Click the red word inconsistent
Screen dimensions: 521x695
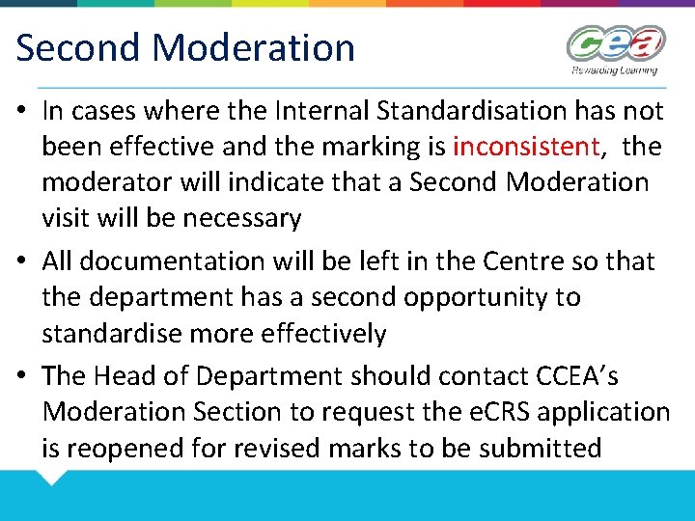pyautogui.click(x=527, y=147)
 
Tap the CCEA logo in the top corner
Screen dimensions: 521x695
pyautogui.click(x=615, y=44)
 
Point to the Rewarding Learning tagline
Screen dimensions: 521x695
pyautogui.click(x=614, y=69)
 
